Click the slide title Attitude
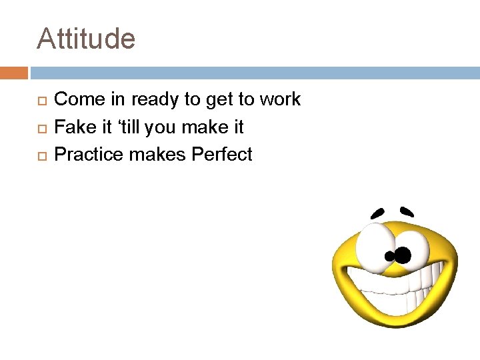coord(86,39)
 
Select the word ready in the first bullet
coord(156,100)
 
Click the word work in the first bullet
coord(280,100)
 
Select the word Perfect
coord(222,154)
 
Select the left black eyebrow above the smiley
coord(378,213)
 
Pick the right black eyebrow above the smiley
coord(407,211)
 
